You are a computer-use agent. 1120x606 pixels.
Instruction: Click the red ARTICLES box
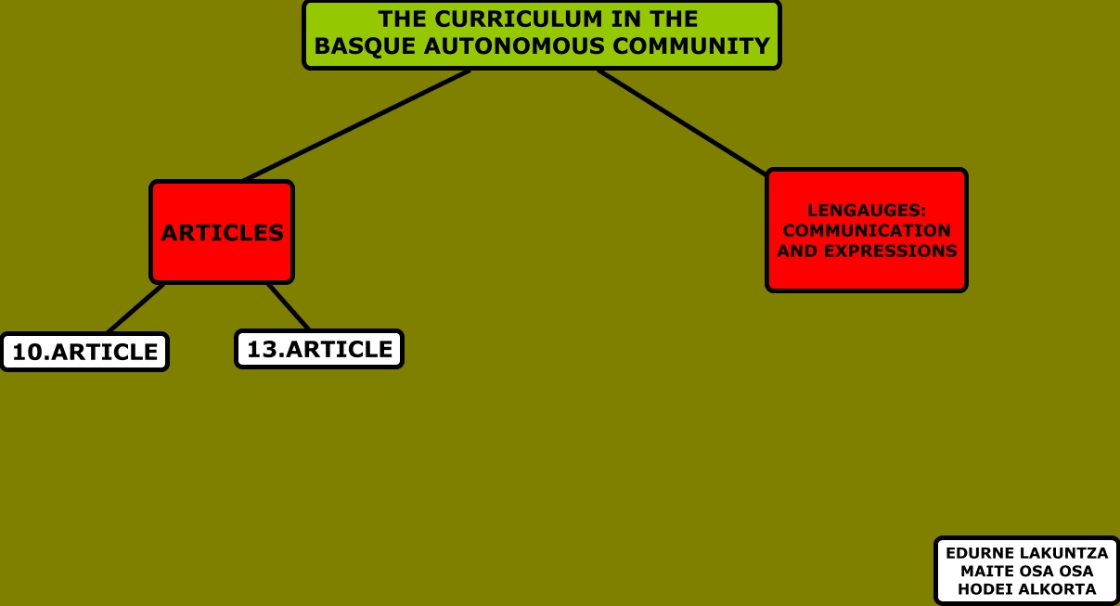(222, 232)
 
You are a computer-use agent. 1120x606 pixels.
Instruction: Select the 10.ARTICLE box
(84, 353)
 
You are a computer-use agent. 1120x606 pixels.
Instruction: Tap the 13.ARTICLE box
(319, 350)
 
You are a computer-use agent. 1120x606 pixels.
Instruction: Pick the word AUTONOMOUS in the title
(507, 46)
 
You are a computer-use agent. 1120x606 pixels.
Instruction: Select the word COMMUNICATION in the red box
(867, 230)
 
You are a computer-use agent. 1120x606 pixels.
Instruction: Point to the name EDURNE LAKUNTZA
(1026, 553)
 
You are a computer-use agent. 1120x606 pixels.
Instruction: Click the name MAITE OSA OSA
(1026, 572)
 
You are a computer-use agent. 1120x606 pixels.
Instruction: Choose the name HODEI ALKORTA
(1026, 589)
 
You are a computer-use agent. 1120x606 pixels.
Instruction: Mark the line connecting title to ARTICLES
(356, 125)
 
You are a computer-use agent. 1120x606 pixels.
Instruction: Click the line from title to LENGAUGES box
(682, 122)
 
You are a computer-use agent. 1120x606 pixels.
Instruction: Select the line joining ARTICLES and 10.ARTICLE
(135, 308)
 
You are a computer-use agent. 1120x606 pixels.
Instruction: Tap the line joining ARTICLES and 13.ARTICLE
(288, 306)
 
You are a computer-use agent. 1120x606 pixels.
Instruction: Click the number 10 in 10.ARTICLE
(24, 353)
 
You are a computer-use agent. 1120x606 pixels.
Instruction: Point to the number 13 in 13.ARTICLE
(260, 350)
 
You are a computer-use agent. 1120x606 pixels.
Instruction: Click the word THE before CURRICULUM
(403, 19)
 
